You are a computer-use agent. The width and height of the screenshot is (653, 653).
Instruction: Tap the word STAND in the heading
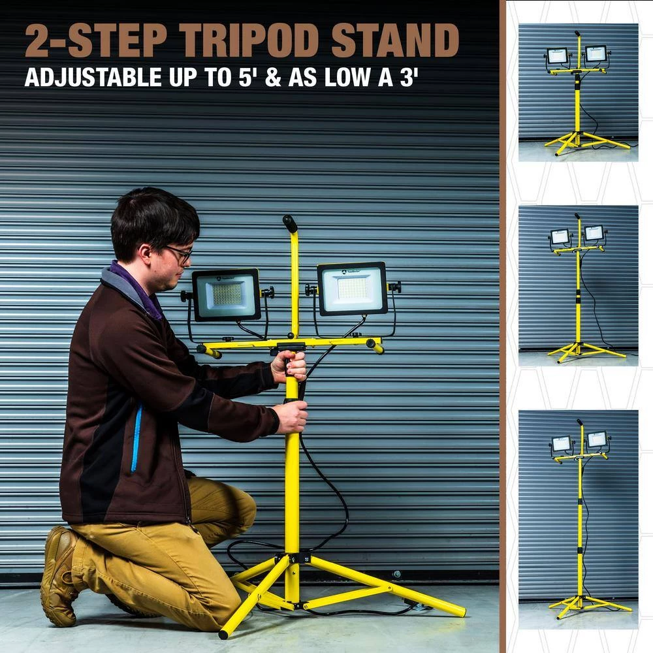[x=395, y=40]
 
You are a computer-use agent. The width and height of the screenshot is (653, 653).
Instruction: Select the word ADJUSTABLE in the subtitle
[x=93, y=77]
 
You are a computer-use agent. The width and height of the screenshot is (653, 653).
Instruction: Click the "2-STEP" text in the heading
[x=97, y=40]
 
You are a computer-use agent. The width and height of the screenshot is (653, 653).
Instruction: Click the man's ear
[x=145, y=254]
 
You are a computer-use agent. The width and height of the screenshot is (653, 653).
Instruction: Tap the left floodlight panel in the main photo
[x=226, y=295]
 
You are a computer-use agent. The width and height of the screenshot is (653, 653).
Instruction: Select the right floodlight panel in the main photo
[x=353, y=288]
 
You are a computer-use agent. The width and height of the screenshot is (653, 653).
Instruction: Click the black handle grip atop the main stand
[x=290, y=224]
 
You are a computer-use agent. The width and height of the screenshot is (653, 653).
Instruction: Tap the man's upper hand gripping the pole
[x=290, y=365]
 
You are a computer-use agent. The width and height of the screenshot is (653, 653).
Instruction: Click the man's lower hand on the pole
[x=291, y=417]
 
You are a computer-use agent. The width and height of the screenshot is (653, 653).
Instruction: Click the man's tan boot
[x=60, y=575]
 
